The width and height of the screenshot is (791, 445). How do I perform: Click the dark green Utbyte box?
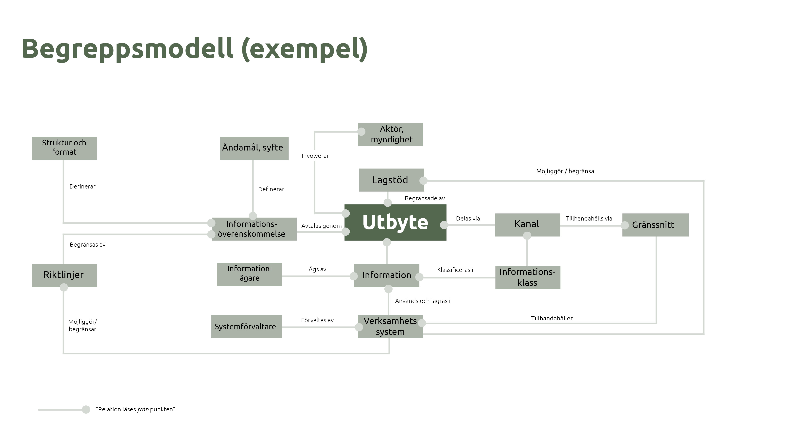pyautogui.click(x=395, y=222)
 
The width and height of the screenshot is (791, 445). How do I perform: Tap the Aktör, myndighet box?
pyautogui.click(x=392, y=134)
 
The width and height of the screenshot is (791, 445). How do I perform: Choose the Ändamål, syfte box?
pyautogui.click(x=254, y=148)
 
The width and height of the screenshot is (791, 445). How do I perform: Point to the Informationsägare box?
pyautogui.click(x=249, y=274)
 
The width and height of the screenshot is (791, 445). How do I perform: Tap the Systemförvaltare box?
pyautogui.click(x=246, y=327)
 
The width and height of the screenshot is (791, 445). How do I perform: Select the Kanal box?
pyautogui.click(x=527, y=224)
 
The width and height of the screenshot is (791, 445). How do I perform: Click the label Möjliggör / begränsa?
pyautogui.click(x=565, y=171)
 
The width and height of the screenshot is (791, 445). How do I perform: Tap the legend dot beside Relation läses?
pyautogui.click(x=86, y=409)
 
